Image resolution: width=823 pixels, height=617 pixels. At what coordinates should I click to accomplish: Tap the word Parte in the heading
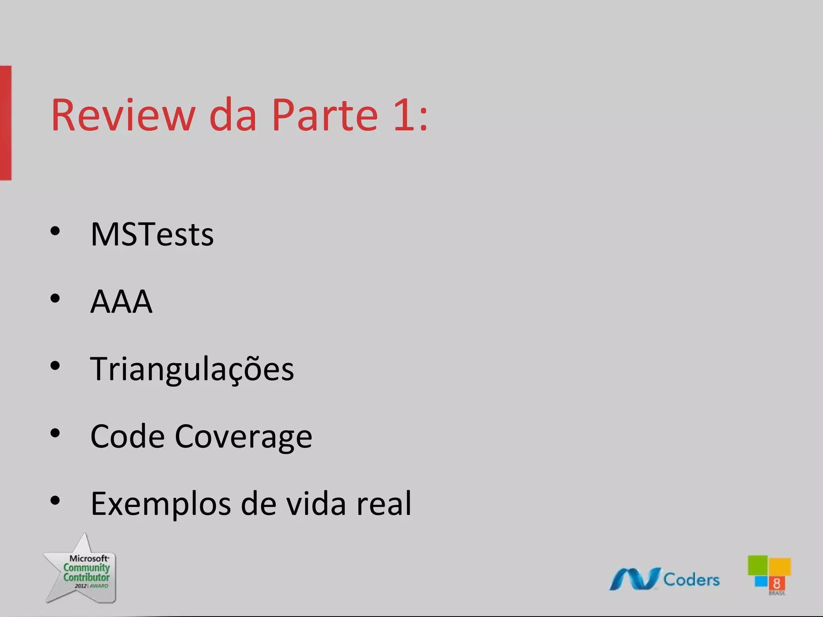click(x=325, y=115)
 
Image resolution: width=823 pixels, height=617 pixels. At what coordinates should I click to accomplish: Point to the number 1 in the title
click(x=404, y=115)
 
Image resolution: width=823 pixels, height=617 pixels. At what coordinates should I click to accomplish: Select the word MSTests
click(x=152, y=234)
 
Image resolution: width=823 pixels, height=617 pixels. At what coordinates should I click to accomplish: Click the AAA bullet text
click(x=121, y=302)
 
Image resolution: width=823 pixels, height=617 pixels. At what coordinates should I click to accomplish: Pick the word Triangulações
click(x=192, y=369)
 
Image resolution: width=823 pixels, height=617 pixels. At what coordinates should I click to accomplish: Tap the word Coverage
click(x=243, y=437)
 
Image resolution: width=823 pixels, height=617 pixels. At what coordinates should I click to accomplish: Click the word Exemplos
click(x=161, y=504)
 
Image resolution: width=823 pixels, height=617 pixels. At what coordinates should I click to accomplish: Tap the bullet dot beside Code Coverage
click(x=55, y=433)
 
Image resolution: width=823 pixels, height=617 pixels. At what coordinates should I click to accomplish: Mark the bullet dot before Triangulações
click(x=55, y=366)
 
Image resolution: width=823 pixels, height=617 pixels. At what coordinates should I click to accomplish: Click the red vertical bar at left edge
click(x=6, y=123)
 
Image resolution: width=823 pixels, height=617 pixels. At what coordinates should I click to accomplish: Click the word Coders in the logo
click(x=691, y=580)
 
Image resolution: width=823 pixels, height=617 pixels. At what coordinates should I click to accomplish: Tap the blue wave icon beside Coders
click(x=635, y=579)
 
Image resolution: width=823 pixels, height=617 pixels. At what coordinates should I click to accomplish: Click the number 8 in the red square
click(x=776, y=584)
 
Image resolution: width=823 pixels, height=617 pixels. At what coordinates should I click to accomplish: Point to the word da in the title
click(x=233, y=115)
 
